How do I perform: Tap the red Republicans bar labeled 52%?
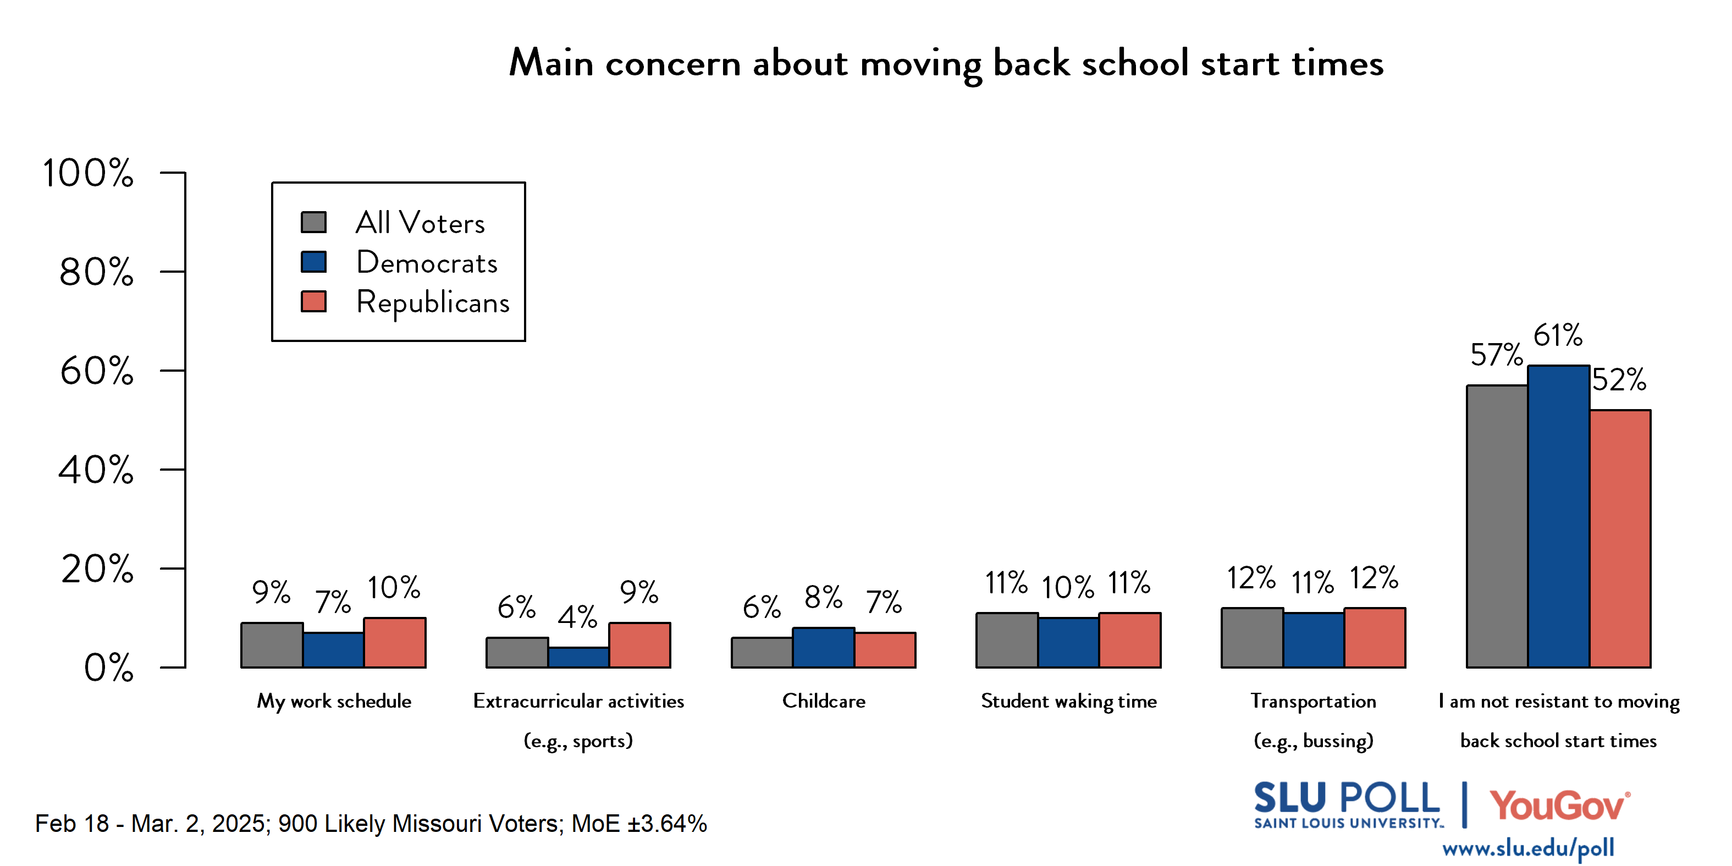coord(1620,538)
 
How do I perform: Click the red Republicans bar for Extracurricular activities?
coord(639,645)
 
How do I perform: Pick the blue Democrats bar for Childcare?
coord(824,648)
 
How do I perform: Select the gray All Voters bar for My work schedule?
coord(272,645)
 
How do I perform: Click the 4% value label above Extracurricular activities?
coord(577,616)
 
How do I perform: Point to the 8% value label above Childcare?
coord(823,597)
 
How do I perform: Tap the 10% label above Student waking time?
coord(1068,588)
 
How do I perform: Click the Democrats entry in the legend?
coord(427,263)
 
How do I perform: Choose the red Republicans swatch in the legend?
coord(313,302)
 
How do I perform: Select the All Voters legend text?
coord(420,223)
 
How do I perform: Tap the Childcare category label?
coord(824,701)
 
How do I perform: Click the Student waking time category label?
coord(1068,701)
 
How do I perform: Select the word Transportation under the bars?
coord(1313,701)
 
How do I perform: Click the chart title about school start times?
coord(945,64)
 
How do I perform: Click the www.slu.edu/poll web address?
coord(1527,848)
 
